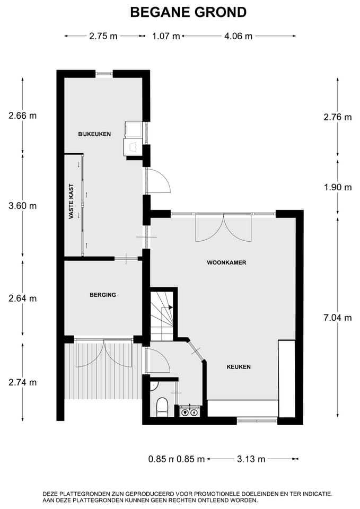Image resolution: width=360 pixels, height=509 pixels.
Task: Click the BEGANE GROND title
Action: (188, 12)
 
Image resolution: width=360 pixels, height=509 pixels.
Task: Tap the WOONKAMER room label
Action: (226, 262)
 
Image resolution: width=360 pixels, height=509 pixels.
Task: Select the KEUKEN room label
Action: (239, 367)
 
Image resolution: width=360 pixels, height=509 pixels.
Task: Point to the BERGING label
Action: (103, 295)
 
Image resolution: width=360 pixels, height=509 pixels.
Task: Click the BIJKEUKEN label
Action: (94, 134)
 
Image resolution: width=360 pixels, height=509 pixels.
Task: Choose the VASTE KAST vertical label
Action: (72, 201)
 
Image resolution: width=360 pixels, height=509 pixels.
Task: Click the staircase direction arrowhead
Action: (170, 308)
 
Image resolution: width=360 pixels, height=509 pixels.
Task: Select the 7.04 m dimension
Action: (338, 318)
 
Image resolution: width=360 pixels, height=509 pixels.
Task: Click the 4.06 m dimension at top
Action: (238, 36)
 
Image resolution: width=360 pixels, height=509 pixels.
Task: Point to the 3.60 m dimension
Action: (22, 206)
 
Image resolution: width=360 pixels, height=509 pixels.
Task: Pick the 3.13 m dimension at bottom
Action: (251, 459)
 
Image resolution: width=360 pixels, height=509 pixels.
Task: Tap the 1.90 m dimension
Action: (338, 187)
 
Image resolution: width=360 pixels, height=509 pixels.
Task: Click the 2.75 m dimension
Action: (103, 36)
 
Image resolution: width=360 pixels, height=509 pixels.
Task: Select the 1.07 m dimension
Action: (166, 36)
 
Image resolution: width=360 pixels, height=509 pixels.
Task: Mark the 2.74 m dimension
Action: (22, 382)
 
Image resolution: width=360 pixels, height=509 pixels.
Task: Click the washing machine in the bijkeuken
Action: (134, 129)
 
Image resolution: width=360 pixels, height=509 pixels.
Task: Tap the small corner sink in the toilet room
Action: (154, 385)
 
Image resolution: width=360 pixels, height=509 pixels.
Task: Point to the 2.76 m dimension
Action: (338, 117)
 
